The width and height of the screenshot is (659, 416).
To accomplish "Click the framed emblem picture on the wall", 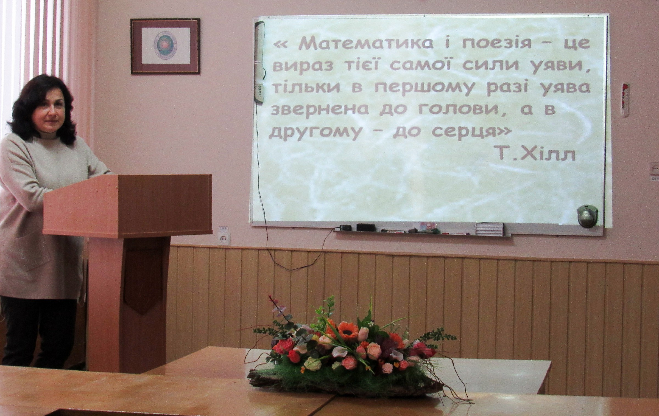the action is click(x=165, y=46).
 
